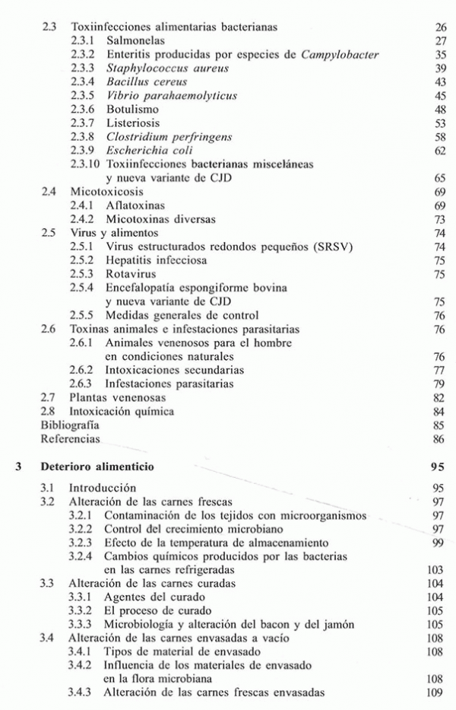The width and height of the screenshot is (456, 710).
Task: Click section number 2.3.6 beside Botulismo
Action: [x=83, y=109]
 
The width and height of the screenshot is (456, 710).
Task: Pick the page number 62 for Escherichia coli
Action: [x=440, y=151]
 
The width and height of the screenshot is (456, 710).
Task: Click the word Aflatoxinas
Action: [x=137, y=205]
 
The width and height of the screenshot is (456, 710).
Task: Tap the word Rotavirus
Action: [x=132, y=274]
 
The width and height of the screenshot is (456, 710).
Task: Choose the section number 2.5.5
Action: [x=83, y=315]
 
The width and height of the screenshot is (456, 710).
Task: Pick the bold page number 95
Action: [x=439, y=466]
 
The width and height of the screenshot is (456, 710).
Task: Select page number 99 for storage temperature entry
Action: [x=440, y=543]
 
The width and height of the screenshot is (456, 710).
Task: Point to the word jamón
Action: [x=337, y=625]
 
